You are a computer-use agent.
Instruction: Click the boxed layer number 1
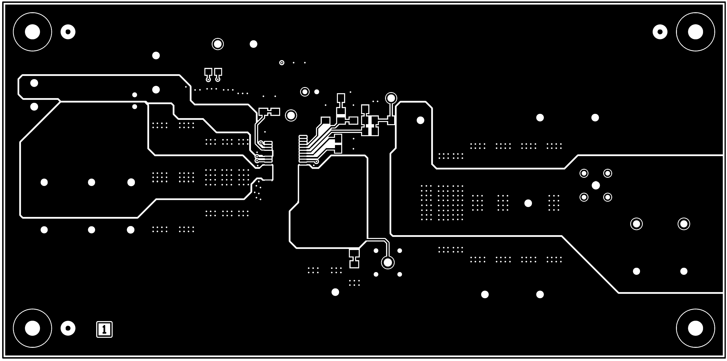[104, 329]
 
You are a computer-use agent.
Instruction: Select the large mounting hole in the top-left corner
[32, 32]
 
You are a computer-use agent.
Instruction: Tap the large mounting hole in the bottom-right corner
[695, 328]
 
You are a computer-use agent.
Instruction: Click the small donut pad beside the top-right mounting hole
[660, 32]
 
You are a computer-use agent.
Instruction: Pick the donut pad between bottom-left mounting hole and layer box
[68, 328]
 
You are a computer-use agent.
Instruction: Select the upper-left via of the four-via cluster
[584, 173]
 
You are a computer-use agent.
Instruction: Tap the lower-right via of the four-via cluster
[607, 197]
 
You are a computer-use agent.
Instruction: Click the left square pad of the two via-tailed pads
[208, 72]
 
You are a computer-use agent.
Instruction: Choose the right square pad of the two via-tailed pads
[218, 72]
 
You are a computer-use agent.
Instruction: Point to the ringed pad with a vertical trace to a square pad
[391, 98]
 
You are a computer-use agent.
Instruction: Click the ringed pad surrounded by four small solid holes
[387, 262]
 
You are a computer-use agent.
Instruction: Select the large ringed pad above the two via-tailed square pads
[218, 44]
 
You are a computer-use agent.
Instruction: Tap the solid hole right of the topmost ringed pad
[254, 44]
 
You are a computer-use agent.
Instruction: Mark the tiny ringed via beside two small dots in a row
[282, 63]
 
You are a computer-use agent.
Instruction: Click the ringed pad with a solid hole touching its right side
[305, 92]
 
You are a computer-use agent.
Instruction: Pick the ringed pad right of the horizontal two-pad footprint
[291, 116]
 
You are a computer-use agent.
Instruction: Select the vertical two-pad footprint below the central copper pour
[354, 259]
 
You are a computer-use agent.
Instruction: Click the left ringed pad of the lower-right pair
[636, 224]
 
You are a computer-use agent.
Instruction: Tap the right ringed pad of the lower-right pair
[684, 224]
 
